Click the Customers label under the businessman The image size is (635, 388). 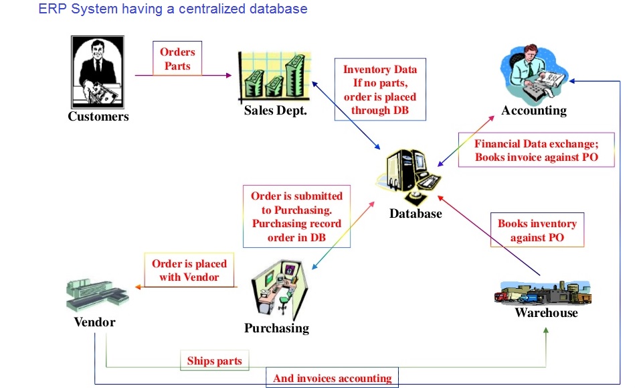pyautogui.click(x=98, y=117)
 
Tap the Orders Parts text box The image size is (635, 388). pyautogui.click(x=177, y=58)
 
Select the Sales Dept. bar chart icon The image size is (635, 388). pyautogui.click(x=274, y=76)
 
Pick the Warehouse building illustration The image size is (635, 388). pyautogui.click(x=543, y=292)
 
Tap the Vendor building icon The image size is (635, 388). pyautogui.click(x=97, y=295)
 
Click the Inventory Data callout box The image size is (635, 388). pyautogui.click(x=380, y=90)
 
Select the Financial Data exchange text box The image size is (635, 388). pyautogui.click(x=536, y=150)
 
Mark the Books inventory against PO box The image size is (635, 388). pyautogui.click(x=537, y=230)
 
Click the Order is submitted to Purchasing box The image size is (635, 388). pyautogui.click(x=296, y=216)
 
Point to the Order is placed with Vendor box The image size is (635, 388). pyautogui.click(x=189, y=270)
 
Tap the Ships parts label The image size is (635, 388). pyautogui.click(x=215, y=361)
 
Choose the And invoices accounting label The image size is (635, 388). pyautogui.click(x=332, y=378)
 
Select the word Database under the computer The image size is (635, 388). pyautogui.click(x=416, y=214)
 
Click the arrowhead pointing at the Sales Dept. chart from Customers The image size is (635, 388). pyautogui.click(x=229, y=76)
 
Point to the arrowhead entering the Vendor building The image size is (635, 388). pyautogui.click(x=138, y=287)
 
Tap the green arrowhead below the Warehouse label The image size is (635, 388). pyautogui.click(x=546, y=330)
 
